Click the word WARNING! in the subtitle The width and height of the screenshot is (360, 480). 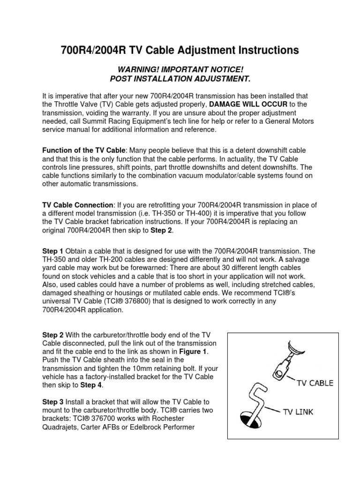pos(136,70)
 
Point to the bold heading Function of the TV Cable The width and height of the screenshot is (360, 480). pos(84,150)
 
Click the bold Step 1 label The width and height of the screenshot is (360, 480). pos(53,252)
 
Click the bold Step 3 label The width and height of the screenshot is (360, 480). pos(53,402)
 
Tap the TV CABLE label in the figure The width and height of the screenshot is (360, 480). pos(315,383)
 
